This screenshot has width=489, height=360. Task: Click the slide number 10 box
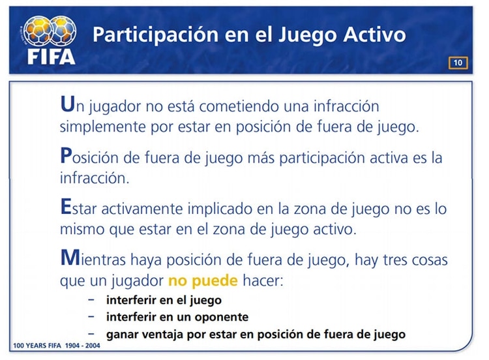458,63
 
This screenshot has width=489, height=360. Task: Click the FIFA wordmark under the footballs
51,57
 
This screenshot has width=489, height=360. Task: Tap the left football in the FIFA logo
37,31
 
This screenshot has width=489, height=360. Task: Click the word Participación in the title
155,35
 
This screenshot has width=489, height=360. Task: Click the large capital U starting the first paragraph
67,104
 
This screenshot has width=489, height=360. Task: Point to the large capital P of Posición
66,155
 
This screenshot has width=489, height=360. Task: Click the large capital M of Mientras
70,258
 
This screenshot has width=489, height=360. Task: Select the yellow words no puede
203,280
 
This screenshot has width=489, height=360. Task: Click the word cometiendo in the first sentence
239,106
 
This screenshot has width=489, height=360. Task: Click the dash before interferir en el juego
91,300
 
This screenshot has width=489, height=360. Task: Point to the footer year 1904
72,346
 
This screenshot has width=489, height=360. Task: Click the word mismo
82,230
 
